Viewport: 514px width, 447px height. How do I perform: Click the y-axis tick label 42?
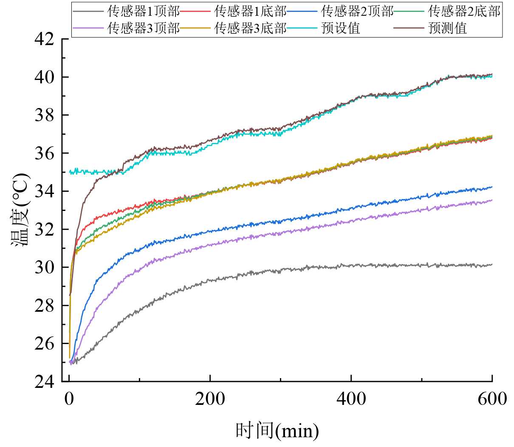click(44, 39)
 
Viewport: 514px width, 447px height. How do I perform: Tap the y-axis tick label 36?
click(44, 153)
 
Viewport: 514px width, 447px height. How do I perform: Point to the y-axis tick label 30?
click(44, 268)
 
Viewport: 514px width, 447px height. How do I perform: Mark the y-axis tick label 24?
click(44, 382)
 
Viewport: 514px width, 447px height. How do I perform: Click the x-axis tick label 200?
click(210, 399)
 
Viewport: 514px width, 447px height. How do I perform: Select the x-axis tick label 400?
click(351, 399)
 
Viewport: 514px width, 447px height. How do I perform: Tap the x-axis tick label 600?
click(492, 399)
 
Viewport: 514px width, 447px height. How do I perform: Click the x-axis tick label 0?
click(69, 399)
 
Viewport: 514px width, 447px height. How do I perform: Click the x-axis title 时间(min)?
click(277, 431)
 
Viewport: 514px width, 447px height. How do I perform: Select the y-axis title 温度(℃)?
click(20, 210)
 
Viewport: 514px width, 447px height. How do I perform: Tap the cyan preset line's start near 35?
click(70, 172)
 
